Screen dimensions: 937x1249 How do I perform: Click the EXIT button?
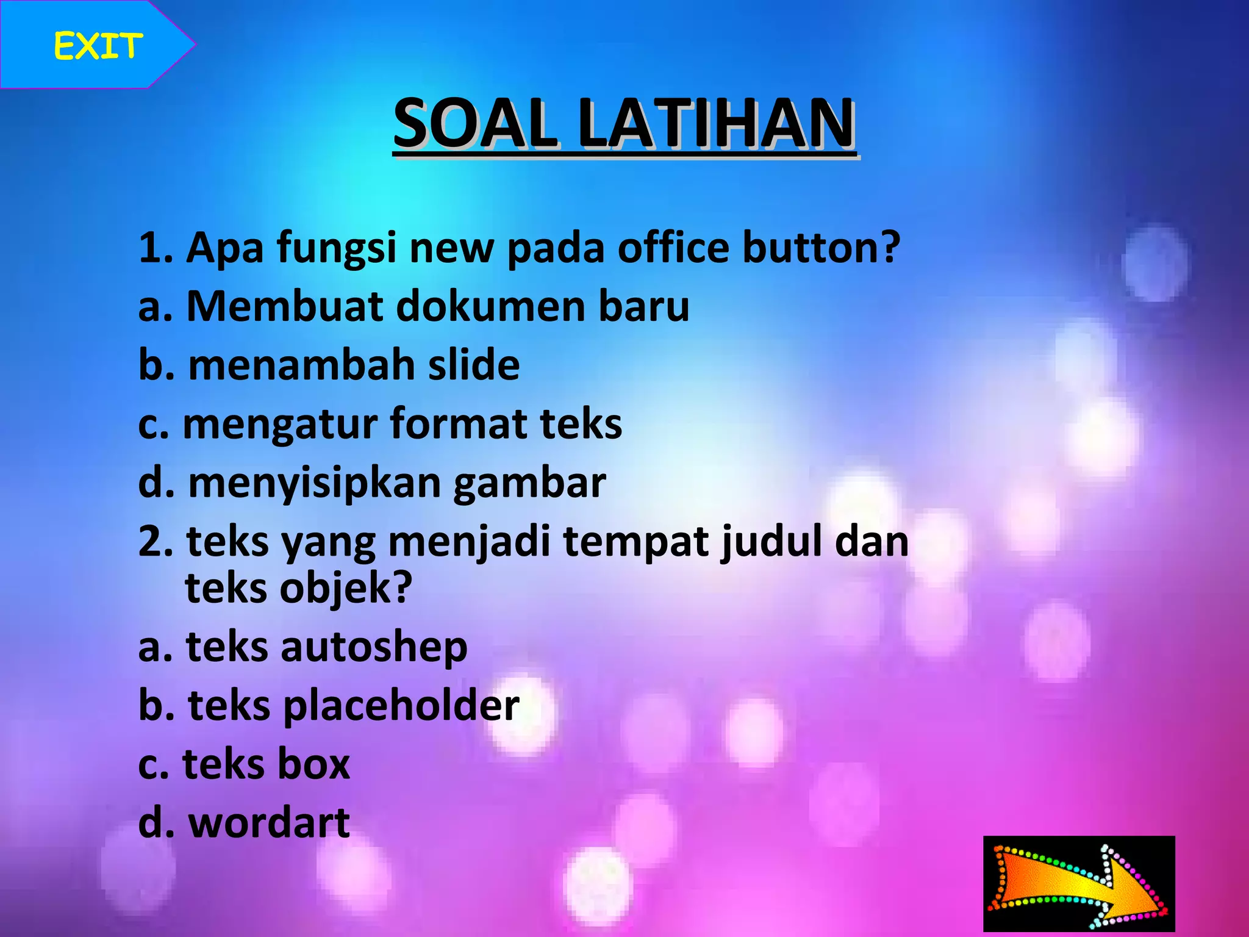point(98,46)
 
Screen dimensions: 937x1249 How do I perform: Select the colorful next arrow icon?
point(1079,883)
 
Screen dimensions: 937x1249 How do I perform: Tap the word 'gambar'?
point(529,484)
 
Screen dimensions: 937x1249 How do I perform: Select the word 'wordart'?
point(269,823)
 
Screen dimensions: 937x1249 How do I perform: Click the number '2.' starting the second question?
point(156,542)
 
